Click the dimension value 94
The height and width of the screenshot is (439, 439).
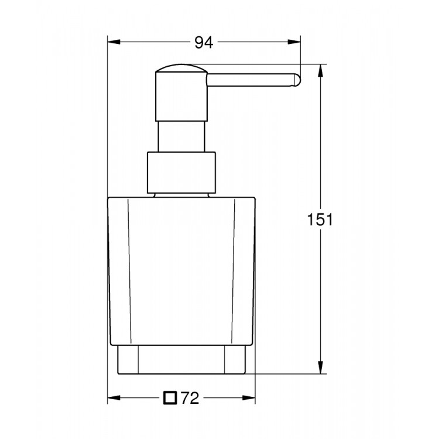203,42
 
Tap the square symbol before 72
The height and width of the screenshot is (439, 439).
170,399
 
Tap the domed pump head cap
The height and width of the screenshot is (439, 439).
181,73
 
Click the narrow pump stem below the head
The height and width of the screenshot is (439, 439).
181,138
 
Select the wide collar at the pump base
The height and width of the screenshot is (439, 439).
181,173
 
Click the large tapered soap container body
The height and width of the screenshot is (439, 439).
181,269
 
